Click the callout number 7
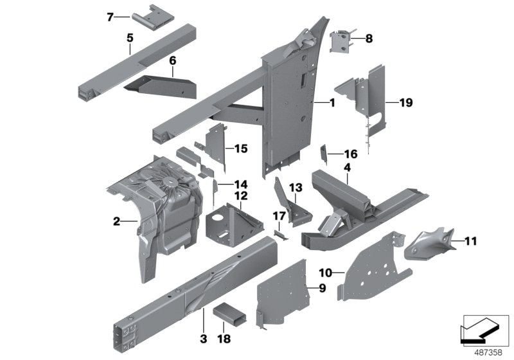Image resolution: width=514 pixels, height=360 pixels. (109, 17)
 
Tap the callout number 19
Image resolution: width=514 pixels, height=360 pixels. (405, 102)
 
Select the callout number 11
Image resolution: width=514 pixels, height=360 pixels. (472, 242)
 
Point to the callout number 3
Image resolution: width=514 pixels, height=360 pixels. (202, 337)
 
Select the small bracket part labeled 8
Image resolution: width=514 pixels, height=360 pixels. (341, 43)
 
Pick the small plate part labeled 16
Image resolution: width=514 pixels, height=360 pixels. (324, 153)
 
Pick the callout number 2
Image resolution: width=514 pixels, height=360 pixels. (116, 222)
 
